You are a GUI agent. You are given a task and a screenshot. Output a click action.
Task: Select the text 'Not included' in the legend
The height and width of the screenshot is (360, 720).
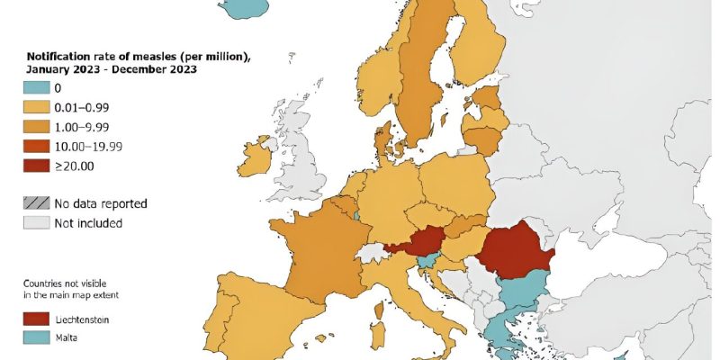tap(88, 222)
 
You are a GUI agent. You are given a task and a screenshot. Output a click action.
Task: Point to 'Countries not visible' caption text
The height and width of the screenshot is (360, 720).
tap(65, 282)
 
